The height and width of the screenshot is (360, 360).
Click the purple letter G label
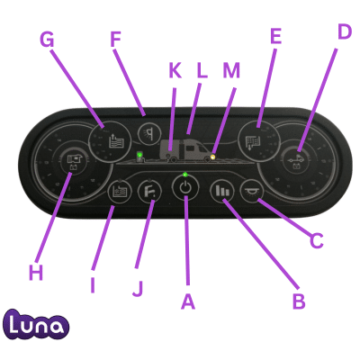(x=47, y=40)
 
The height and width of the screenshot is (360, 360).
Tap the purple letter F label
(x=115, y=40)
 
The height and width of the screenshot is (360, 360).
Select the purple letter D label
(x=345, y=31)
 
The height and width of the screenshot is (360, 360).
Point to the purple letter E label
(x=275, y=36)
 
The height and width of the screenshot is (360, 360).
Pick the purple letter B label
(x=299, y=301)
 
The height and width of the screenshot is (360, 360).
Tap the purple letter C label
(x=317, y=240)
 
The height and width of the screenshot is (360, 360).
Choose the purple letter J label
(x=138, y=289)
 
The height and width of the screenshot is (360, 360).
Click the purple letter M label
(x=231, y=71)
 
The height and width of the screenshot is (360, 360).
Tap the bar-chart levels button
(x=222, y=191)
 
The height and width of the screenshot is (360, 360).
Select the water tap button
(x=149, y=191)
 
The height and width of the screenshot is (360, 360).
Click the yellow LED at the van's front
(x=213, y=157)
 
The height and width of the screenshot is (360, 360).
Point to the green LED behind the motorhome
(x=139, y=155)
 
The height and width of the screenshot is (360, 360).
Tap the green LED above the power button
(x=185, y=174)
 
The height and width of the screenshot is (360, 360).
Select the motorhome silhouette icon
(x=184, y=150)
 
